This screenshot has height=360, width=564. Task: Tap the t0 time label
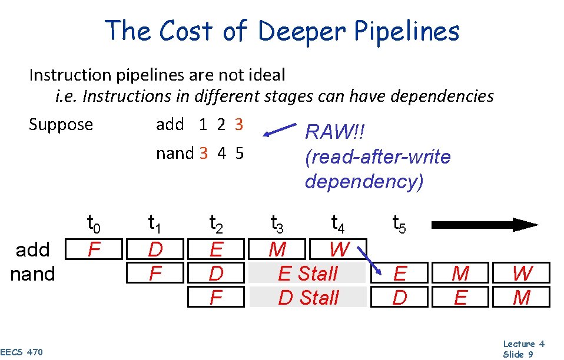[94, 224]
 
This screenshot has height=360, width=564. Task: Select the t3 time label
[277, 224]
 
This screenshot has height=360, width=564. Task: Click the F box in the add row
[94, 249]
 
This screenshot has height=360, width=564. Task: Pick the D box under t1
[155, 249]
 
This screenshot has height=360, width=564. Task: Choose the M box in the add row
[277, 249]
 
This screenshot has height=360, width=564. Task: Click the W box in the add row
[339, 249]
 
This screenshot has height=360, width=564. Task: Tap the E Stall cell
[308, 274]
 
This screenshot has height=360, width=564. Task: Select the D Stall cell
[308, 298]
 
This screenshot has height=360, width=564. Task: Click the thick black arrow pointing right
[485, 224]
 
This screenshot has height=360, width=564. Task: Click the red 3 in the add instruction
[238, 125]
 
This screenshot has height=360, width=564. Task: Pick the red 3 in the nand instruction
[204, 154]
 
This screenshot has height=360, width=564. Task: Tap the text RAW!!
[335, 132]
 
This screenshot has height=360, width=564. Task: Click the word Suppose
[61, 125]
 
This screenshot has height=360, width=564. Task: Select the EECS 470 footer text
[22, 352]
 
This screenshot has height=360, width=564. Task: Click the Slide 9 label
[518, 354]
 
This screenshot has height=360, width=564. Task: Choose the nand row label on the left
[33, 274]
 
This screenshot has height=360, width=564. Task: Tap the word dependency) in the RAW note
[364, 182]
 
